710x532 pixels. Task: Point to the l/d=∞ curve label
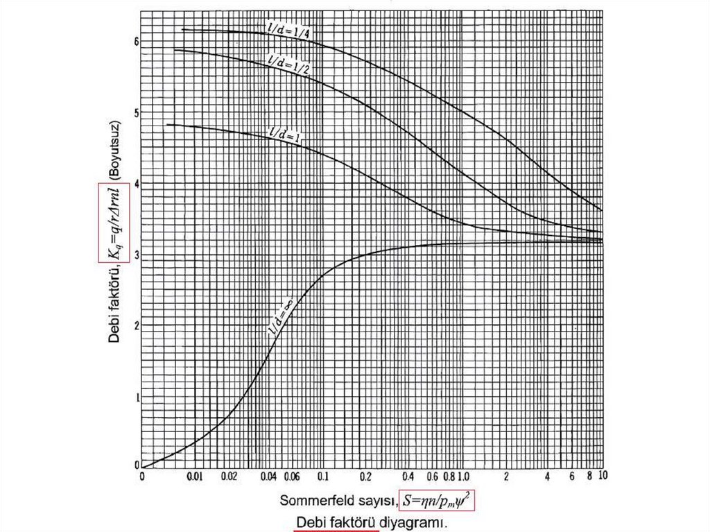pos(281,318)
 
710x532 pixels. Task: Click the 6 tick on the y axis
pos(137,41)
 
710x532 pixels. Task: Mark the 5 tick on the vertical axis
pos(137,112)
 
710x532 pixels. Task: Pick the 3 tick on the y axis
pos(137,255)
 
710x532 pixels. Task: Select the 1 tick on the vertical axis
pos(137,397)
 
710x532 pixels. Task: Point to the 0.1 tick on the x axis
pos(322,477)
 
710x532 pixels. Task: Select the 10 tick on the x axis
pos(603,477)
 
